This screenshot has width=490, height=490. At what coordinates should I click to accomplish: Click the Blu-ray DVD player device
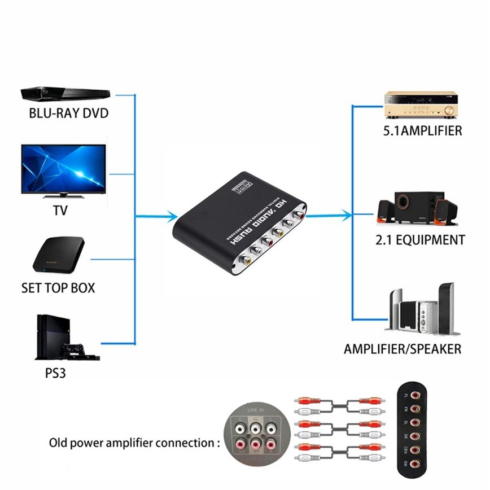pyautogui.click(x=63, y=94)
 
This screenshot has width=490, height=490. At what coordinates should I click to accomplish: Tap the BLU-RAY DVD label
pyautogui.click(x=68, y=113)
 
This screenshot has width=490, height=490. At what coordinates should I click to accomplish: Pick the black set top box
pyautogui.click(x=59, y=254)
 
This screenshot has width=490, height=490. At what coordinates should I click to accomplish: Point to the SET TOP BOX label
pyautogui.click(x=58, y=288)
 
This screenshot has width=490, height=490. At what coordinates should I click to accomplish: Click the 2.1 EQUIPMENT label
pyautogui.click(x=420, y=240)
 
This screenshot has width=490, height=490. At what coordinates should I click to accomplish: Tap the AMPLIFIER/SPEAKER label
pyautogui.click(x=403, y=349)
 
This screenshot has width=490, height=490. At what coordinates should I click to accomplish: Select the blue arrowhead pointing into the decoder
pyautogui.click(x=174, y=215)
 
